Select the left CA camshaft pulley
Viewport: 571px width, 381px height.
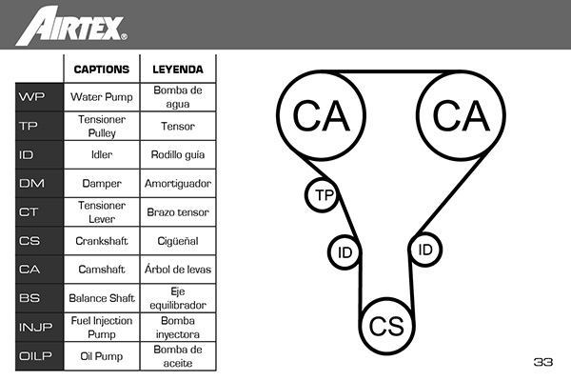point(322,115)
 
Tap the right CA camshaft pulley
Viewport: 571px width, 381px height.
point(461,115)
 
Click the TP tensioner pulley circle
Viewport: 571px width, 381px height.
point(324,195)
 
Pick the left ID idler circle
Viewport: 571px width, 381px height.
point(345,252)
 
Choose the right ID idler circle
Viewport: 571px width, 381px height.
point(425,250)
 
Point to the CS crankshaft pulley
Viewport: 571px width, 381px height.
point(387,327)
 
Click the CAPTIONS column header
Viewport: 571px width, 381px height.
point(101,70)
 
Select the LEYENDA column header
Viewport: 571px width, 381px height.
point(177,70)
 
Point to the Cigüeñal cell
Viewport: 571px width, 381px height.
point(177,241)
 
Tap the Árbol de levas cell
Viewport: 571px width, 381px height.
point(177,270)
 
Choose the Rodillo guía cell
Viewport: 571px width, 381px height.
point(177,154)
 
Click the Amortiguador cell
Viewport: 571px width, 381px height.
point(177,183)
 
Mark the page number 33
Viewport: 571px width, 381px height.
point(543,362)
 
